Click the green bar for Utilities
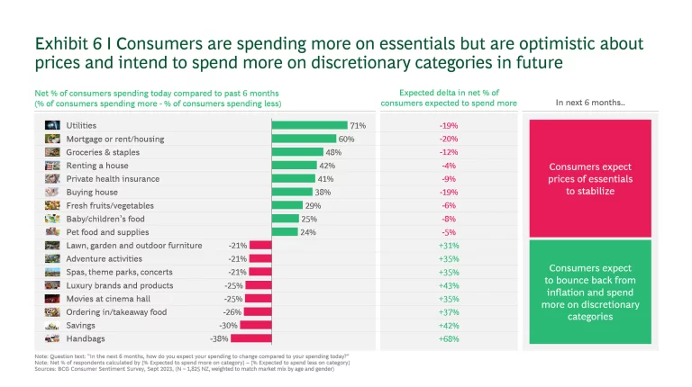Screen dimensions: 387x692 coord(309,125)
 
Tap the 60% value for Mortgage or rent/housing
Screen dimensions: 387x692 coord(347,139)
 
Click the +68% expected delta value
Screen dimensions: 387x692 coord(448,338)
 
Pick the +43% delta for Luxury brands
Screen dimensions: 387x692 coord(448,285)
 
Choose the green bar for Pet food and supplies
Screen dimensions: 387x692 coord(285,232)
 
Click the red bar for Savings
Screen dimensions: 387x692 coord(256,325)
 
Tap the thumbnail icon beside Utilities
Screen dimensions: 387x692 coord(52,125)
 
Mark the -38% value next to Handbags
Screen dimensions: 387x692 coord(219,338)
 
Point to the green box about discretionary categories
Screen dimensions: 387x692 coord(590,292)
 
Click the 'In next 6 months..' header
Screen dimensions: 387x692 coord(590,102)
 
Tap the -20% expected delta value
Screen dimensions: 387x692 coord(448,139)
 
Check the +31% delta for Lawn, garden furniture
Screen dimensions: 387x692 coord(448,246)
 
